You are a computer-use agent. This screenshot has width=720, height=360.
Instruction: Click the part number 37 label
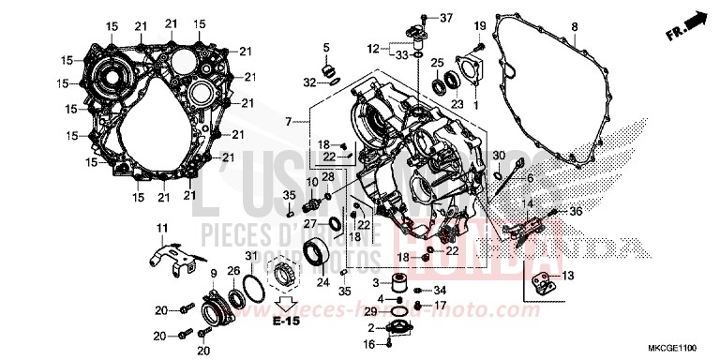445,18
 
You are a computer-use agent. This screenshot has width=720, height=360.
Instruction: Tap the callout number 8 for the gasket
573,25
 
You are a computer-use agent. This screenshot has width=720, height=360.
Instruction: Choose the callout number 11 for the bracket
161,228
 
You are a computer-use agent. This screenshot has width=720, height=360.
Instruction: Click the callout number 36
575,212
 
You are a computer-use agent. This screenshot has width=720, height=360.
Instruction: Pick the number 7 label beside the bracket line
290,122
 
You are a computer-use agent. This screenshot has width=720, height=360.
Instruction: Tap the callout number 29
372,310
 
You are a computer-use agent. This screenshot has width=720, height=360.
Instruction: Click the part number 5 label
326,47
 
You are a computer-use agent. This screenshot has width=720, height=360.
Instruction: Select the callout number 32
309,82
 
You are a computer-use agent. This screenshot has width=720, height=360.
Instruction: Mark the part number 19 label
479,24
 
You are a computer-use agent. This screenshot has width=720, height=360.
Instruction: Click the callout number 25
437,64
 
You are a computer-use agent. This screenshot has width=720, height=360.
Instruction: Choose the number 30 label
499,155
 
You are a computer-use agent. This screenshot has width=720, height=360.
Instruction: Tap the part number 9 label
215,274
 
